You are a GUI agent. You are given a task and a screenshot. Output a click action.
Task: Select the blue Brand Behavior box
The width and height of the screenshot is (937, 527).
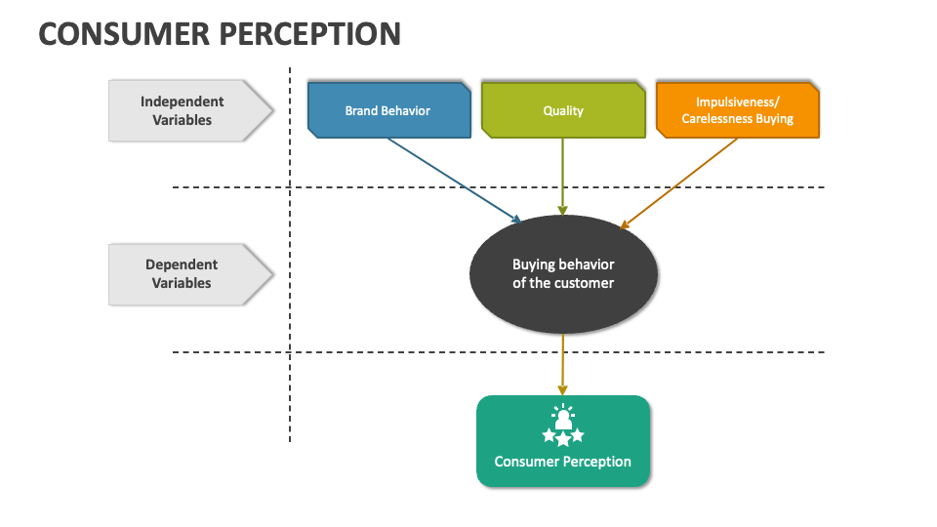click(388, 110)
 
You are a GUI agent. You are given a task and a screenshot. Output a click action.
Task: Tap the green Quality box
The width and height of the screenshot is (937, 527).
click(563, 110)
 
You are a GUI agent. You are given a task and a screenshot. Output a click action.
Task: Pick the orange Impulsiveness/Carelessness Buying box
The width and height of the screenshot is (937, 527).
click(737, 110)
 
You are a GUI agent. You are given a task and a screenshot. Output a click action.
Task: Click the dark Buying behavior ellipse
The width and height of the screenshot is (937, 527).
click(563, 273)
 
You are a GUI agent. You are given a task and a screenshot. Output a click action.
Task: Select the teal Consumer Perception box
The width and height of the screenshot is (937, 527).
click(563, 441)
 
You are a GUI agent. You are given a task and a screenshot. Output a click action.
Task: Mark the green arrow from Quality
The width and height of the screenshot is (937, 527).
click(563, 176)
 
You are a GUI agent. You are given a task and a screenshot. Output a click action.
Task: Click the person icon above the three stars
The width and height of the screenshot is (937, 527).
click(563, 418)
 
